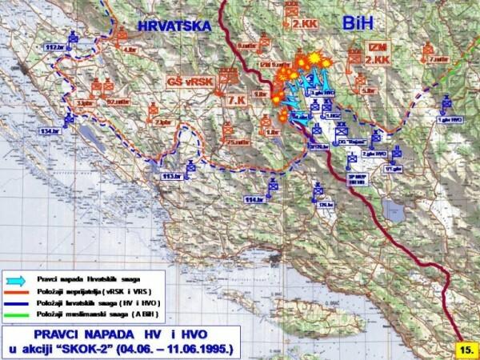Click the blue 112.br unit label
(x=55, y=48)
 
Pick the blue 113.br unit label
(x=170, y=174)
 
